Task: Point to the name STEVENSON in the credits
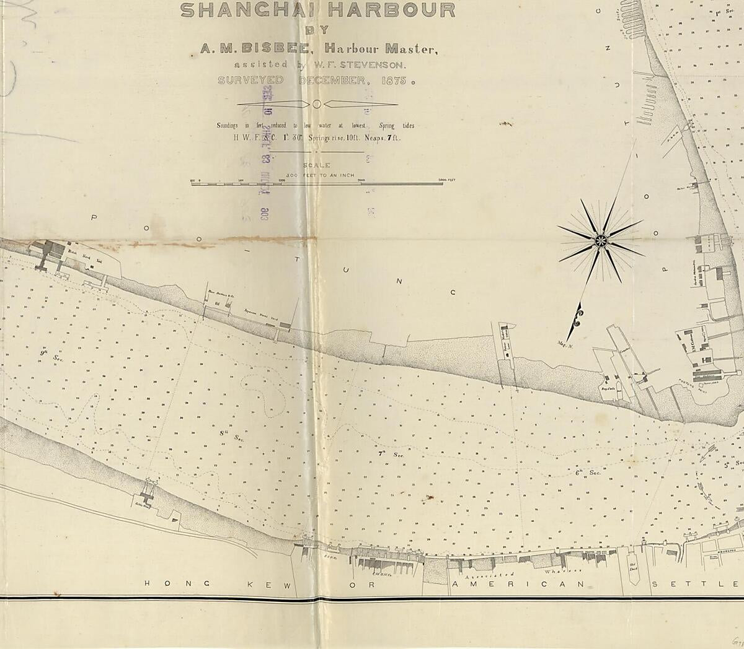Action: coord(373,64)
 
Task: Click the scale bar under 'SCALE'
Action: coord(322,183)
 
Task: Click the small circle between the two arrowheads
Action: coord(316,103)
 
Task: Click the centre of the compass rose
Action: coord(600,240)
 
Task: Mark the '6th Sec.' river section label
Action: coord(588,473)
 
